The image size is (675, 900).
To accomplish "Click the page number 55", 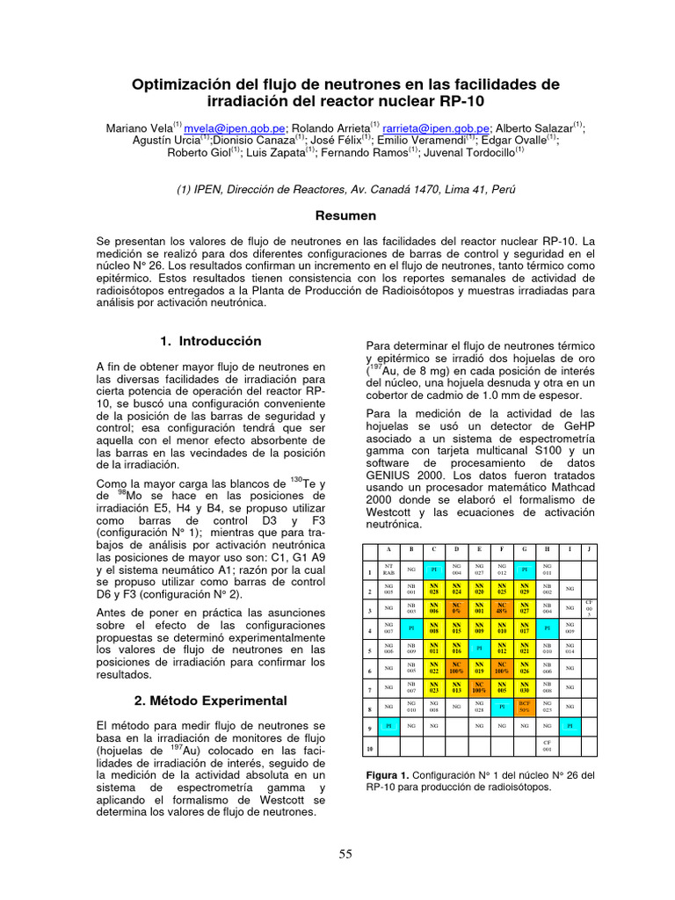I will click(x=346, y=853).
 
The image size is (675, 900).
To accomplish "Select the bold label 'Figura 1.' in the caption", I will click(x=388, y=775).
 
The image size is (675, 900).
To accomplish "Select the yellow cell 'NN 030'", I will click(x=525, y=687).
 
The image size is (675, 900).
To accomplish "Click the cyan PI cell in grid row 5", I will click(x=479, y=648).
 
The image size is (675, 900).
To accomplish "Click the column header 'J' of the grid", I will click(x=589, y=549).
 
